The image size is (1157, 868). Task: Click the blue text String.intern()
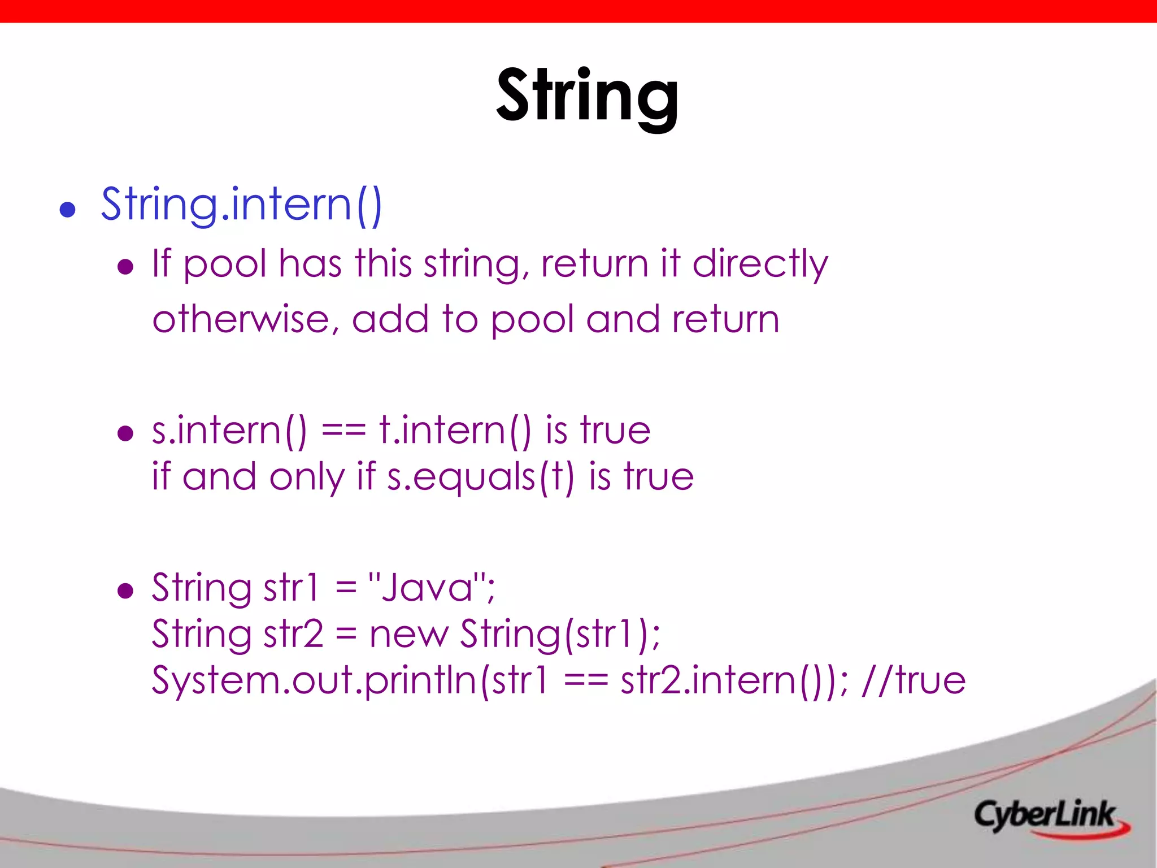click(242, 205)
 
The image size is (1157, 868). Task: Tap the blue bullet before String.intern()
click(68, 210)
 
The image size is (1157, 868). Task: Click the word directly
click(760, 264)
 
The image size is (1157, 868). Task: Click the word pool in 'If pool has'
click(225, 264)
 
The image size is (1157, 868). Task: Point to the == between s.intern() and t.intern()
click(343, 431)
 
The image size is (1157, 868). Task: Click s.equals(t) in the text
click(480, 476)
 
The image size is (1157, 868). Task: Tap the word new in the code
click(408, 633)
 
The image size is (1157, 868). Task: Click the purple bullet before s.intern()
click(125, 433)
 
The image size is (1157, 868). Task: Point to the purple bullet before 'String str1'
click(125, 591)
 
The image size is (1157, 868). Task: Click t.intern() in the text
click(455, 431)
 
